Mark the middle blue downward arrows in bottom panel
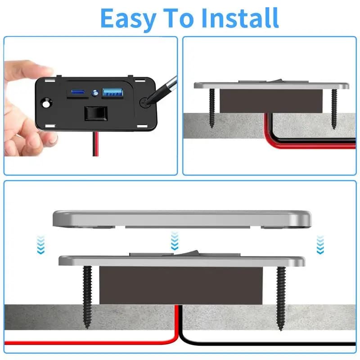point(175,241)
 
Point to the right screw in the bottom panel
point(281,297)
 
